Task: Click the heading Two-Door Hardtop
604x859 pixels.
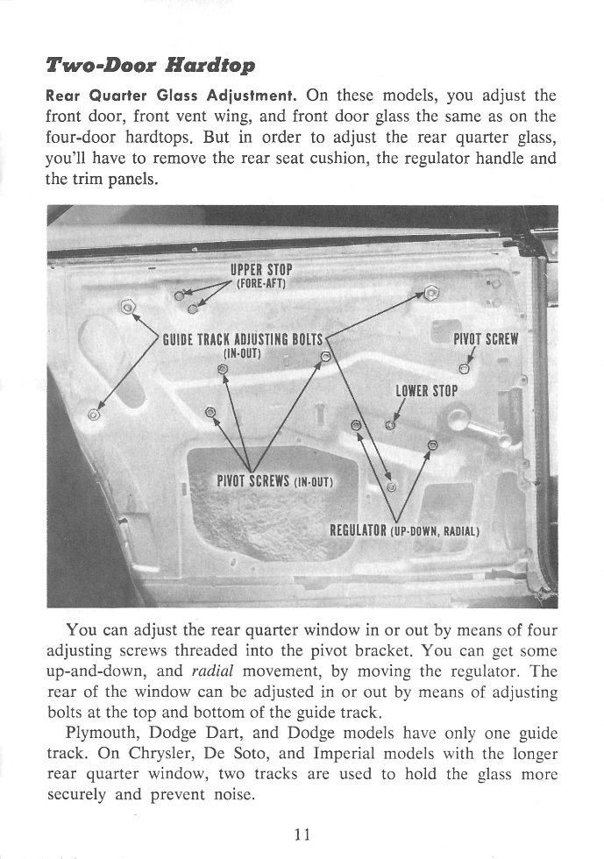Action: (150, 67)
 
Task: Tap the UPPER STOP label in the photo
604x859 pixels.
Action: (261, 268)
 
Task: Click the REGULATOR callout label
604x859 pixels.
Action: (358, 530)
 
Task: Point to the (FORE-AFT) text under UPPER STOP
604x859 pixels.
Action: (262, 282)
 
